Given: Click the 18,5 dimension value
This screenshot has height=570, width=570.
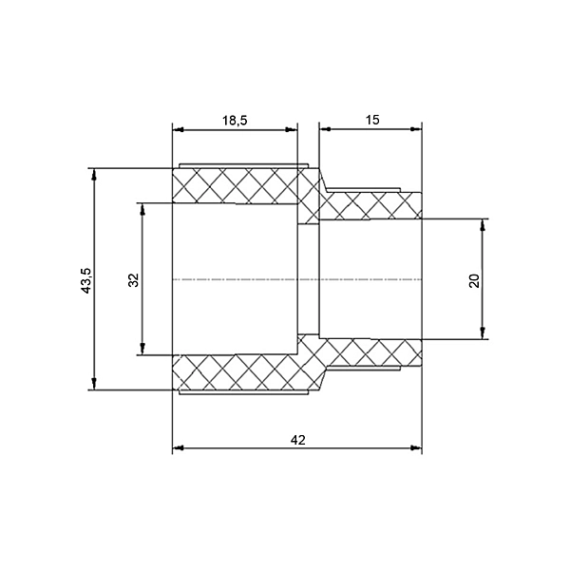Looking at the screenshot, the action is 235,120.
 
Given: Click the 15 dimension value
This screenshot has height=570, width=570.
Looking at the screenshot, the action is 372,120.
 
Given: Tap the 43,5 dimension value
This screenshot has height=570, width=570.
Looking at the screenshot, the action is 86,280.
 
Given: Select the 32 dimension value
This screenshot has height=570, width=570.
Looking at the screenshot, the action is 134,280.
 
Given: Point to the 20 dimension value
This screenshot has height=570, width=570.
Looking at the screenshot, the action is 474,280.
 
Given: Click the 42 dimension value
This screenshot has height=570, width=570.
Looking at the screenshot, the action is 298,440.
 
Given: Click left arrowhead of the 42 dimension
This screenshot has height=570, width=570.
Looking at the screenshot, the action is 178,448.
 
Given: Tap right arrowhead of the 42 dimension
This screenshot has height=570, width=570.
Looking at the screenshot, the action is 416,448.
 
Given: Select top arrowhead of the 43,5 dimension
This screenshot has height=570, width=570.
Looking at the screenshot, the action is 94,174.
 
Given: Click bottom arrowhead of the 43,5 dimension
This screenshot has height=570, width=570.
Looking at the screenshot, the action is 94,384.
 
